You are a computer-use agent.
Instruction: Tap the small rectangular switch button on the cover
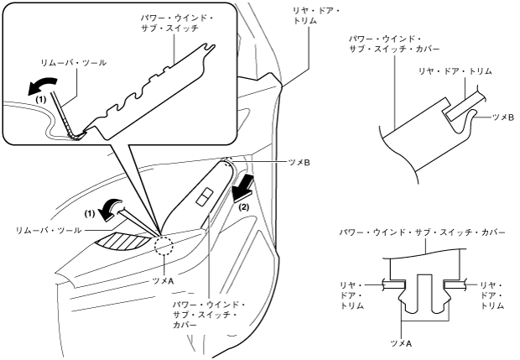pyautogui.click(x=202, y=198)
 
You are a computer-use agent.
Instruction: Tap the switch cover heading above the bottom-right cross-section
pyautogui.click(x=422, y=231)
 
